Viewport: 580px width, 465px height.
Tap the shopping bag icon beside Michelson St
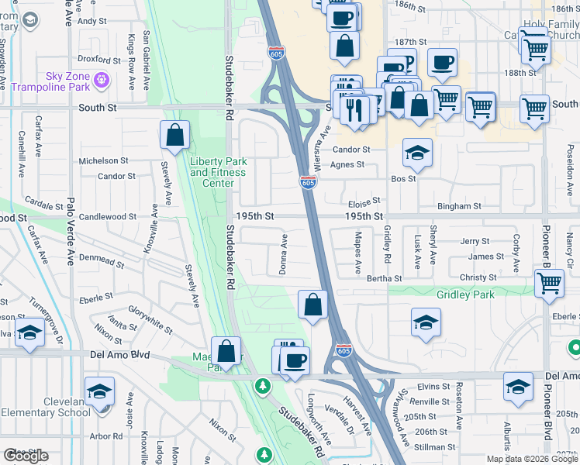point(175,135)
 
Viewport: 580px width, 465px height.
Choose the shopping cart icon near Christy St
point(549,283)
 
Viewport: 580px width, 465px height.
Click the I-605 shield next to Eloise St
point(308,183)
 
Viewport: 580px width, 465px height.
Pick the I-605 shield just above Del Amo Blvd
point(344,350)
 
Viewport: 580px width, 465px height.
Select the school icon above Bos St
point(417,153)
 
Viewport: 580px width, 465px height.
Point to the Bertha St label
point(385,277)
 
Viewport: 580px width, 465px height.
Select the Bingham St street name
point(460,207)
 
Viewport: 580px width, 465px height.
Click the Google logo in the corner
point(26,456)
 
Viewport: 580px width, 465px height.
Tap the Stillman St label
point(434,446)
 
